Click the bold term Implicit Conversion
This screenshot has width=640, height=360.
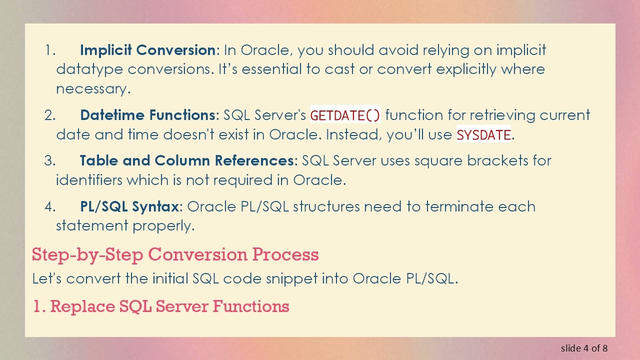pyautogui.click(x=147, y=50)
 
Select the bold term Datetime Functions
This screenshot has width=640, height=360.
pyautogui.click(x=147, y=115)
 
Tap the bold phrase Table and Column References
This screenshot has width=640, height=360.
pyautogui.click(x=186, y=160)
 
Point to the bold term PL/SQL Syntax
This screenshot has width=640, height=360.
pyautogui.click(x=129, y=206)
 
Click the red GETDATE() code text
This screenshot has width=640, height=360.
pyautogui.click(x=345, y=115)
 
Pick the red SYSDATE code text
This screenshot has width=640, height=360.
pyautogui.click(x=483, y=135)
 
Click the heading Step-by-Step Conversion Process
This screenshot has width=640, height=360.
pyautogui.click(x=175, y=254)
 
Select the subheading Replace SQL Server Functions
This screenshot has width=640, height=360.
pyautogui.click(x=161, y=306)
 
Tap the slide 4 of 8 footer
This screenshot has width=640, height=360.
pyautogui.click(x=584, y=348)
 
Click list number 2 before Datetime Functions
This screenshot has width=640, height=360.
pyautogui.click(x=49, y=115)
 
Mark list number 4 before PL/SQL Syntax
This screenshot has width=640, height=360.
pyautogui.click(x=49, y=207)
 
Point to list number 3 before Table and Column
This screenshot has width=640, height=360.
pyautogui.click(x=49, y=161)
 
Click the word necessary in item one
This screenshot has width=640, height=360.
pyautogui.click(x=92, y=89)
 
